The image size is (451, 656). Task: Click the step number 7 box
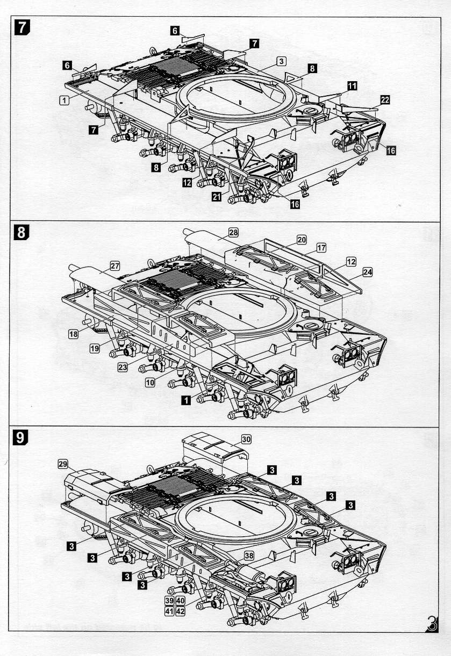pos(22,27)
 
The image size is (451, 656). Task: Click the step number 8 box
pos(22,232)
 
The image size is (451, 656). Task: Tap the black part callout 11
pos(352,86)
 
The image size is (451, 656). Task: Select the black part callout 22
pos(385,100)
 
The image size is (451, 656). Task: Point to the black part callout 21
pos(217,197)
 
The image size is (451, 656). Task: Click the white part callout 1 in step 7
pos(65,100)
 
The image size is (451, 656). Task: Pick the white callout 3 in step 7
pos(281,61)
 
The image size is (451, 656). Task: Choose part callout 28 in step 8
pos(233,233)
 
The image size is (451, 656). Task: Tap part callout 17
pos(321,248)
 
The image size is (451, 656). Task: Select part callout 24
pos(368,272)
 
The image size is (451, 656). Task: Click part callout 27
pos(115,266)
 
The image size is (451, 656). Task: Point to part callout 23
pos(123,367)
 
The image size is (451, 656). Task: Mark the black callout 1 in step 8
pos(186,400)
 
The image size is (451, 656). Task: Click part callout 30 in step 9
pos(246,439)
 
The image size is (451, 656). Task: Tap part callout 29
pos(63,464)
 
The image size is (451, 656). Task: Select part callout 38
pos(249,556)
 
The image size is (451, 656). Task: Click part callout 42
pos(180,611)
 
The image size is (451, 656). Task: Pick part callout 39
pos(169,601)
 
